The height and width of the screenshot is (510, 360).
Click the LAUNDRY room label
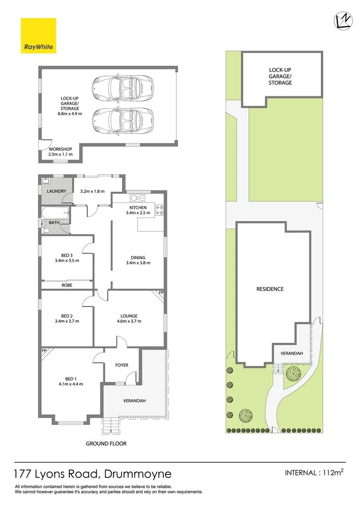pos(56,191)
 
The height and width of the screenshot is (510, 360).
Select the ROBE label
pos(67,285)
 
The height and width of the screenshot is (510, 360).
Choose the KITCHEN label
pos(138,207)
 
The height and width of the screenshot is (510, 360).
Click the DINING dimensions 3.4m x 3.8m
pos(138,263)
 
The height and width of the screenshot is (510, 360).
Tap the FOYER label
pos(122,365)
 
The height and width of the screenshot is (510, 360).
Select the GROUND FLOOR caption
pos(106,443)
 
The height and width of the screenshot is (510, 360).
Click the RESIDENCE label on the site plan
pos(270,289)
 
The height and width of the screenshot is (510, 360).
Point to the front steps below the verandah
pos(110,426)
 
